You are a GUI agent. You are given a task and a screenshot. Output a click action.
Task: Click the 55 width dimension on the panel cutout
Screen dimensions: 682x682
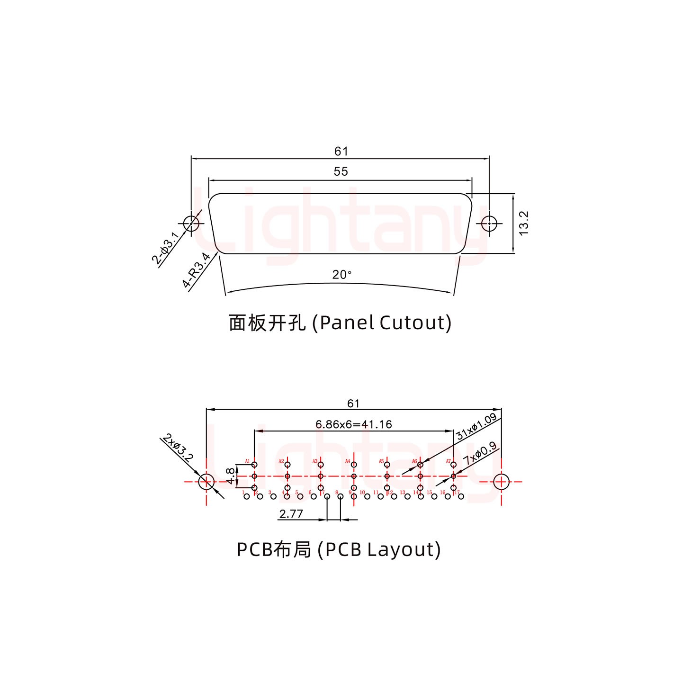(341, 171)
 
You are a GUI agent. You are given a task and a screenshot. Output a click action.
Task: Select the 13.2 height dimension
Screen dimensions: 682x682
(523, 223)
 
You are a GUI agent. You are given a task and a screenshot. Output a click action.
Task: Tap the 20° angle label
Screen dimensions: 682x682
(341, 275)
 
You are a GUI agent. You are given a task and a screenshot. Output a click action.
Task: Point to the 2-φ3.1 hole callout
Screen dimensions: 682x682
(165, 248)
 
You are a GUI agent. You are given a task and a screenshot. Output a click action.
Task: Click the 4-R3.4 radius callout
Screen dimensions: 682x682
(196, 270)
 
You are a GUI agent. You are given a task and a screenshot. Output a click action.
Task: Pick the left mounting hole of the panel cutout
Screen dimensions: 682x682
(191, 223)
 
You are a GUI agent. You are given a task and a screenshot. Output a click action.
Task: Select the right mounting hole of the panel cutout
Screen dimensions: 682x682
(489, 223)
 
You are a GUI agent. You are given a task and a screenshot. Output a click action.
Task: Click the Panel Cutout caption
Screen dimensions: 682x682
(340, 323)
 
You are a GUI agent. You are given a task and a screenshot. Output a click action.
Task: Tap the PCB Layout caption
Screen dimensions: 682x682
(339, 549)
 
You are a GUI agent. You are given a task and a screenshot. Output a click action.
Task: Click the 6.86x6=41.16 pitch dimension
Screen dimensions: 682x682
(354, 424)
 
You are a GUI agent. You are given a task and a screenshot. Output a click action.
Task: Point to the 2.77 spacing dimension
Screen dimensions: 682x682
(291, 514)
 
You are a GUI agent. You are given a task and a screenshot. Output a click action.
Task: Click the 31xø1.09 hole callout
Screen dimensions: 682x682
(476, 426)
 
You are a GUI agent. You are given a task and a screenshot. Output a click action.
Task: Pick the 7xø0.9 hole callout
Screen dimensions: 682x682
(480, 453)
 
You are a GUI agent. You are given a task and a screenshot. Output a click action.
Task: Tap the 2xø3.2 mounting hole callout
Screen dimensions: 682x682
(178, 448)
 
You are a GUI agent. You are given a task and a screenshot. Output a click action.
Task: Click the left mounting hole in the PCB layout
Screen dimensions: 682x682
(206, 482)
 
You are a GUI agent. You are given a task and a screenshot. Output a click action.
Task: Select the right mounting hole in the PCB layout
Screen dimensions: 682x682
(501, 482)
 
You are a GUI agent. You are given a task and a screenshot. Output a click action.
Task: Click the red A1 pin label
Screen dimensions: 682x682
(247, 461)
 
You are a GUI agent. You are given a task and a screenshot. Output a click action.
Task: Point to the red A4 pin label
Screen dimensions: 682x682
(348, 461)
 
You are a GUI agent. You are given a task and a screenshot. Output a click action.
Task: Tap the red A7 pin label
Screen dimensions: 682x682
(448, 461)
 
